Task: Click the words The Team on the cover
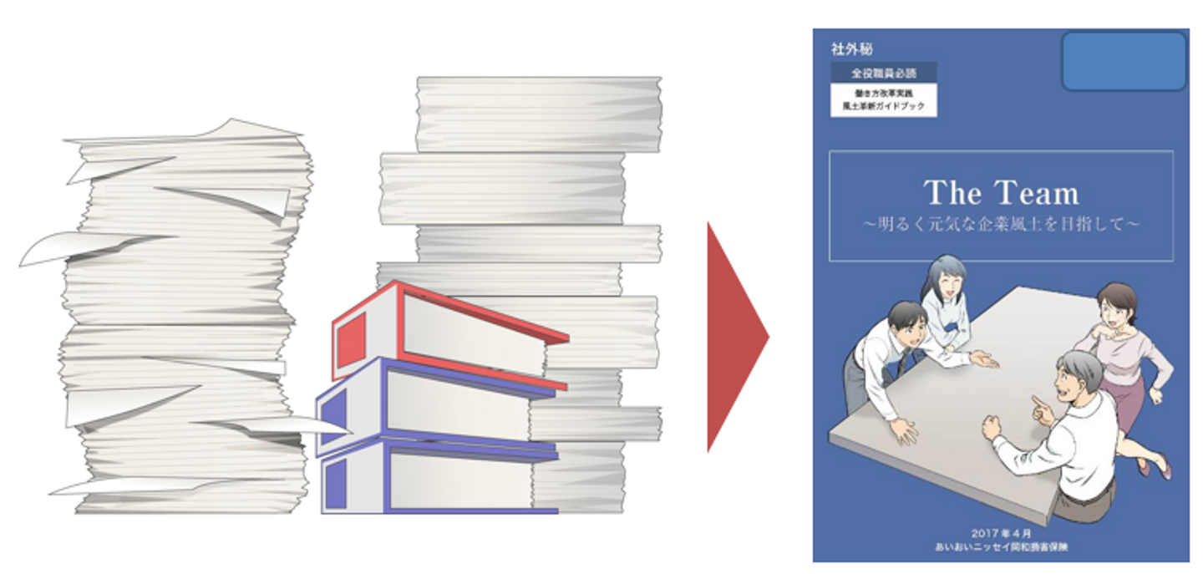pos(1001,194)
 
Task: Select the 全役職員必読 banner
pos(883,73)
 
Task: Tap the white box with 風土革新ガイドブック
pos(883,100)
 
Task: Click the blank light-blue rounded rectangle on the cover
pos(1124,61)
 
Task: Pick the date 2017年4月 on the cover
pos(1001,532)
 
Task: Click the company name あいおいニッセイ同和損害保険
pos(1001,546)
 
